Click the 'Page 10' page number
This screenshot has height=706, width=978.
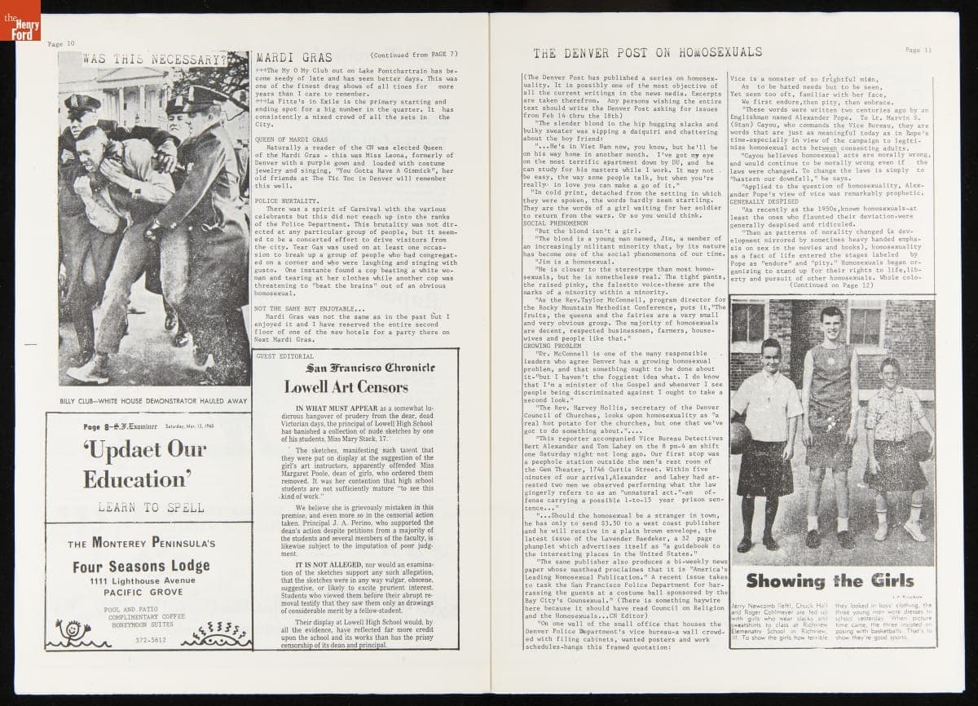61,44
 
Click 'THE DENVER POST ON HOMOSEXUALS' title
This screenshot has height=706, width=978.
647,53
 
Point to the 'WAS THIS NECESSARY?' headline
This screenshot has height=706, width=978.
155,60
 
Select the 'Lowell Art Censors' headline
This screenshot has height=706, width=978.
346,387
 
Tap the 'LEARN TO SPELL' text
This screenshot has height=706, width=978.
151,507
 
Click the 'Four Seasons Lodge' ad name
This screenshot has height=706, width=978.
141,566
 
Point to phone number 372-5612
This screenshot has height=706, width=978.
152,641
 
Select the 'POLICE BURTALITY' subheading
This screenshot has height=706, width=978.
286,200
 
